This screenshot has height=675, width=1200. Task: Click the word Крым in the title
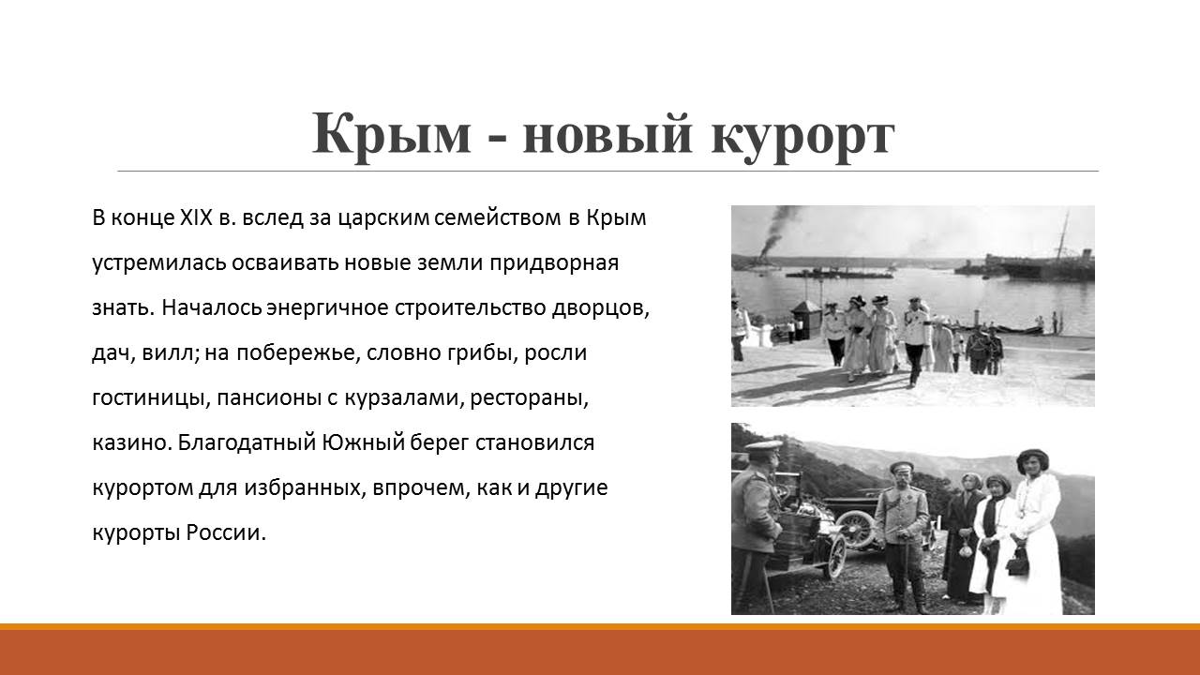coord(391,134)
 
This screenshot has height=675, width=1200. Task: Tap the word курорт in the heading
coord(802,138)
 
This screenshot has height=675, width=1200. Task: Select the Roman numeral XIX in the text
coord(197,217)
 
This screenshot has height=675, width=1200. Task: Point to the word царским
coord(384,219)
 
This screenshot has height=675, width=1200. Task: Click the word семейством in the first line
coord(498,218)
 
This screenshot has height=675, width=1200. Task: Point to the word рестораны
coord(529,399)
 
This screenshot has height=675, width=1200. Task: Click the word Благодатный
coord(247,444)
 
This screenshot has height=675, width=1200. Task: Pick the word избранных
coord(305,488)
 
